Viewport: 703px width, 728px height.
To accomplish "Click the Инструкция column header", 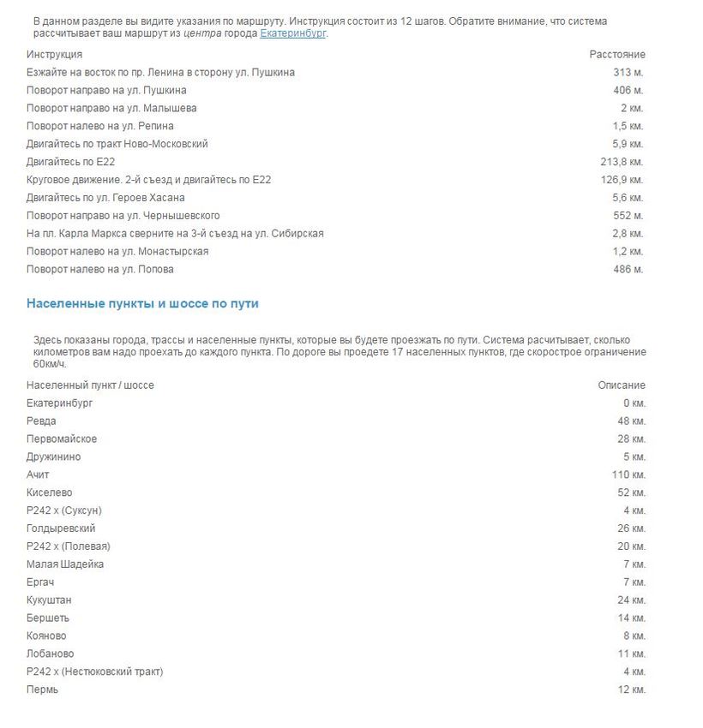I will tap(54, 55).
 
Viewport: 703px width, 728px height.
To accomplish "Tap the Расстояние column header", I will tap(617, 55).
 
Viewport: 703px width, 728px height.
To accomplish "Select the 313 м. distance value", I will tap(628, 73).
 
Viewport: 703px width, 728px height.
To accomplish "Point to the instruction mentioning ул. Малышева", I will tap(111, 109).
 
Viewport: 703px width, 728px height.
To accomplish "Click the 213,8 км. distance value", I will tap(622, 162).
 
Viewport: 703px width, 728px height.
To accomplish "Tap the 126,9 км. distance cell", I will tap(622, 180).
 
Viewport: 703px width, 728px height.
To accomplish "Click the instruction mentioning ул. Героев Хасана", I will tap(105, 198).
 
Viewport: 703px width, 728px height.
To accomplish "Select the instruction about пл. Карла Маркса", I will tap(175, 234).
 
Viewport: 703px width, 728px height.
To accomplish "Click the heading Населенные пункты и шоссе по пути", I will tap(142, 304).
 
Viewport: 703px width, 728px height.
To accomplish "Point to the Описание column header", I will tap(622, 385).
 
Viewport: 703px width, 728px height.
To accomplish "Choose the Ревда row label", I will tap(41, 421).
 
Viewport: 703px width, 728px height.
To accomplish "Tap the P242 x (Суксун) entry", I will tap(64, 511).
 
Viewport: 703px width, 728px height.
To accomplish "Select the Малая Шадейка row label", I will tap(65, 564).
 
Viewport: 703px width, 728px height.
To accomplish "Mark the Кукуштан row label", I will tap(49, 600).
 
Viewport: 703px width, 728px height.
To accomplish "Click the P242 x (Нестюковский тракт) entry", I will tap(94, 671).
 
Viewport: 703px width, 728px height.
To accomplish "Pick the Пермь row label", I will tap(43, 689).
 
